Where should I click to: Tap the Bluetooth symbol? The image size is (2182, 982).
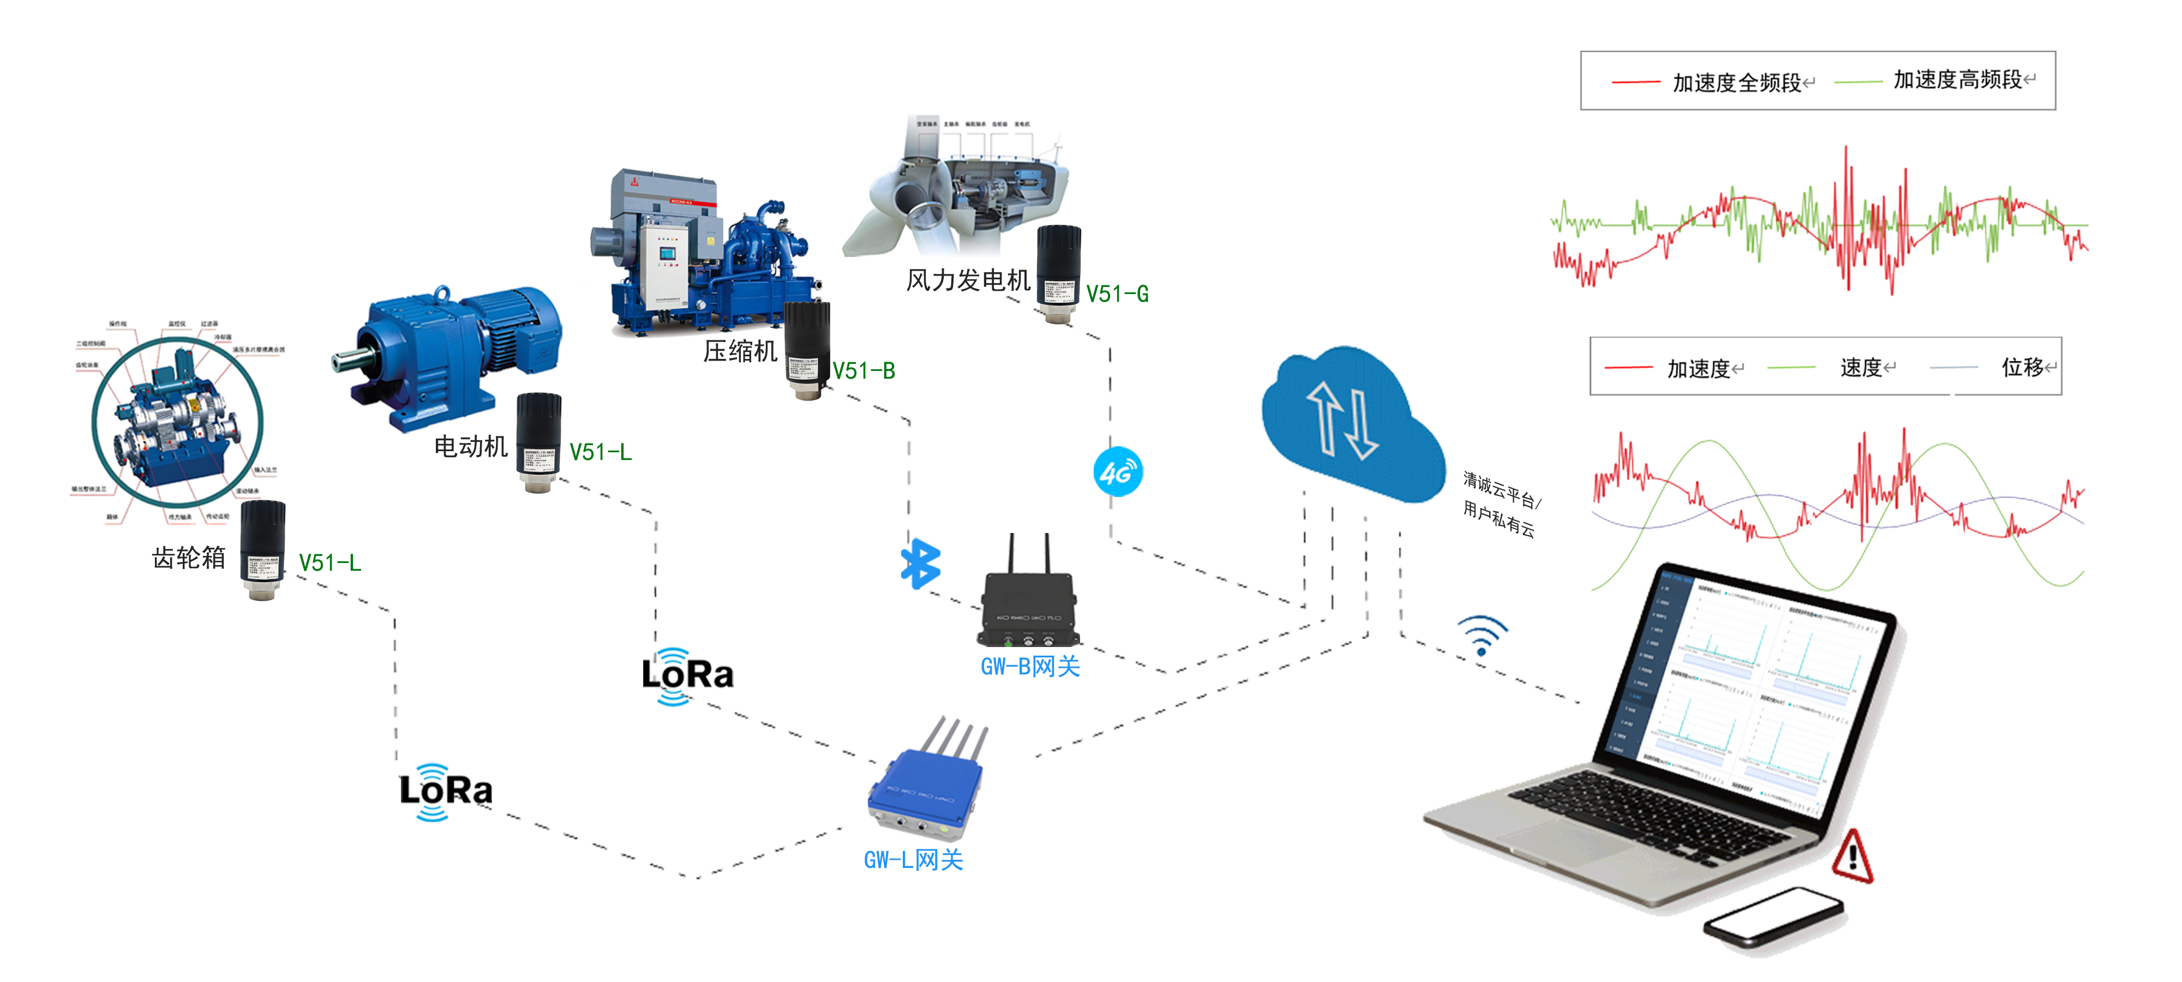point(920,564)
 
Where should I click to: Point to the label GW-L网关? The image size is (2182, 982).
point(913,860)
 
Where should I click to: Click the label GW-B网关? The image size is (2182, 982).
point(1030,667)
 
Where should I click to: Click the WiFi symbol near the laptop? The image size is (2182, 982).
point(1482,636)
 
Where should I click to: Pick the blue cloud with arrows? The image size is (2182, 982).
point(1351,424)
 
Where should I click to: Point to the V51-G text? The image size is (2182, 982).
point(1117,294)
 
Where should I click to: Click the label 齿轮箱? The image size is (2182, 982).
point(189,558)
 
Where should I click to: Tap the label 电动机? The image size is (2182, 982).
point(470,446)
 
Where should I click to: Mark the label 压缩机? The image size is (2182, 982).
point(740,351)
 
